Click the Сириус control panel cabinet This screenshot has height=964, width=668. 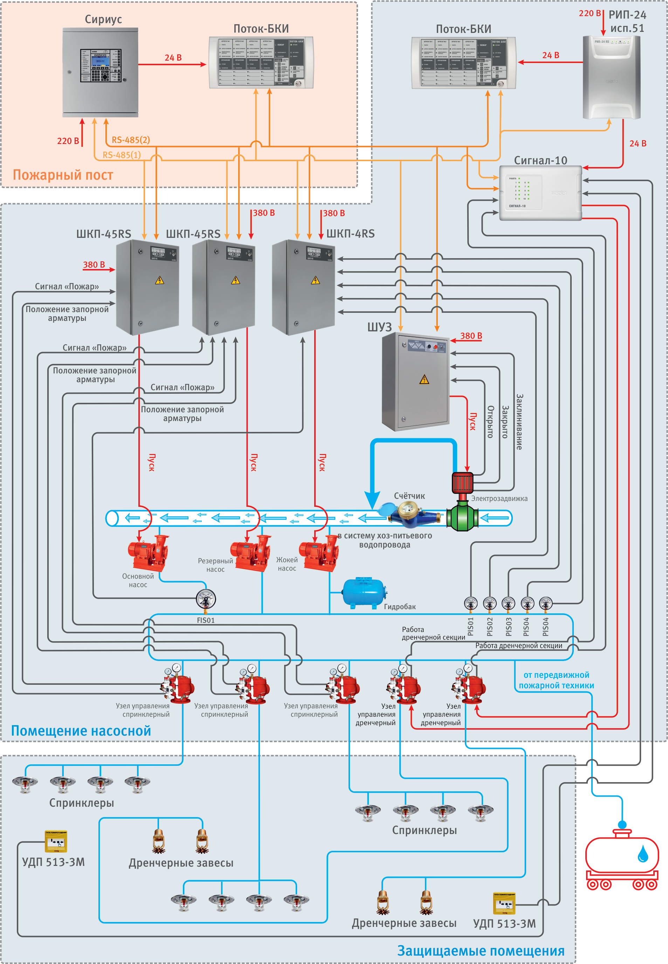coord(100,72)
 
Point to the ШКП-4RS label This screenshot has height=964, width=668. coord(350,234)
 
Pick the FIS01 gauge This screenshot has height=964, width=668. coord(206,599)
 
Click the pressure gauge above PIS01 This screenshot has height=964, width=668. coord(470,603)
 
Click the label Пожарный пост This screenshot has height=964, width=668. coord(63,175)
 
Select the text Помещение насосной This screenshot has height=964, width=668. coord(81,731)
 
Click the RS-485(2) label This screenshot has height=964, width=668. coord(131,140)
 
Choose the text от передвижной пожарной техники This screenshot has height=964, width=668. coord(556,680)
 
